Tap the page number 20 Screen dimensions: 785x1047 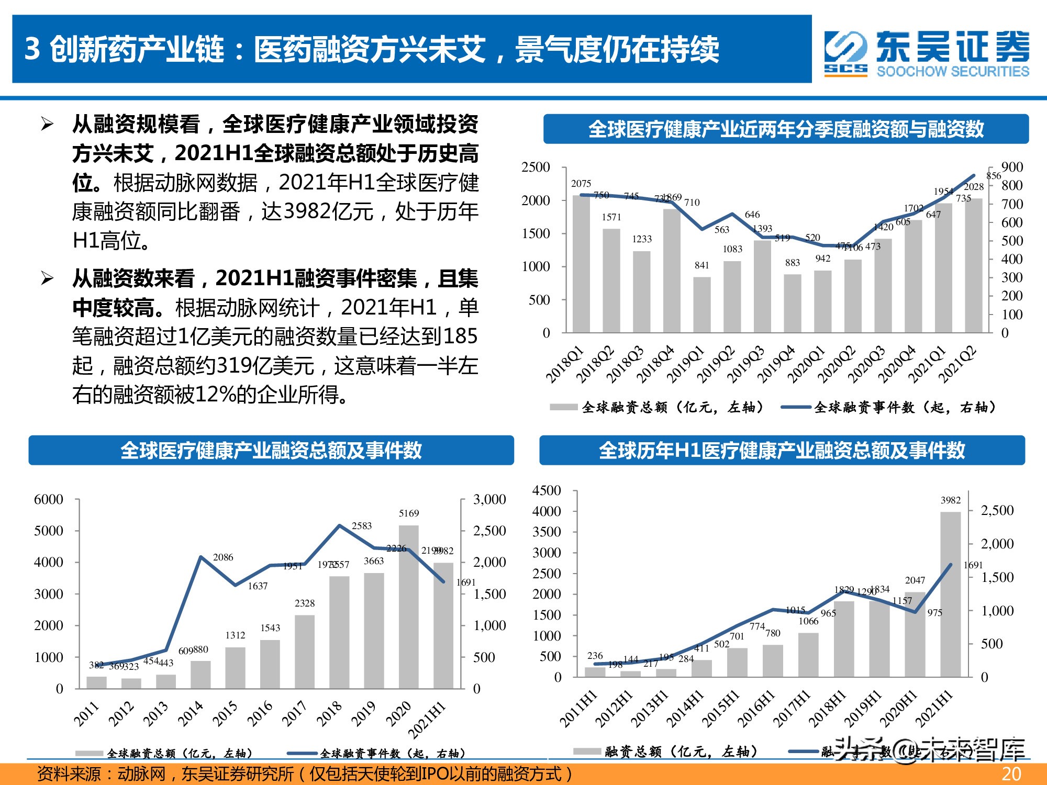click(1011, 774)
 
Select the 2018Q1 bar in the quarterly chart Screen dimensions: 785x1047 click(581, 264)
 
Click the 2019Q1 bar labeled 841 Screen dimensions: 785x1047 click(702, 305)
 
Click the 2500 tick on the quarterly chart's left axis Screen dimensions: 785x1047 click(536, 167)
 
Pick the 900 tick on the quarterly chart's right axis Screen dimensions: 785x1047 click(1011, 167)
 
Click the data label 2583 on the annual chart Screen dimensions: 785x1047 click(362, 525)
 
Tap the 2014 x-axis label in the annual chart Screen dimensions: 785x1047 click(191, 714)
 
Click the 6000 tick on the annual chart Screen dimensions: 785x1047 click(49, 499)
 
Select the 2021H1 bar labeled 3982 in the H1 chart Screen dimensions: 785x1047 click(951, 594)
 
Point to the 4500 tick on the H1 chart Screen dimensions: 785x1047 click(547, 490)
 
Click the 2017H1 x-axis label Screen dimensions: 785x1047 click(792, 709)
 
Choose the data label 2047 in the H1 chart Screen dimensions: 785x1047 click(915, 580)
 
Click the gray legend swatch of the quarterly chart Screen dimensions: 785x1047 click(563, 407)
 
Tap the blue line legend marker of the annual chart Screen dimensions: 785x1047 click(303, 754)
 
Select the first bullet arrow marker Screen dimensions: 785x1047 click(47, 125)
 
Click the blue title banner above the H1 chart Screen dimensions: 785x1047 click(782, 450)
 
